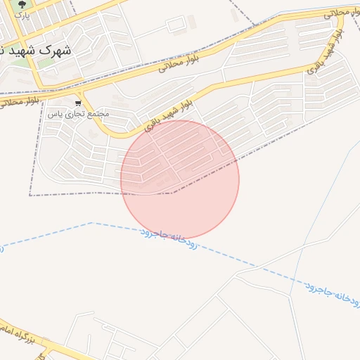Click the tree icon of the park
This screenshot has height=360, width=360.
click(21, 5)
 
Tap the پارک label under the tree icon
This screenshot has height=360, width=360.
click(22, 15)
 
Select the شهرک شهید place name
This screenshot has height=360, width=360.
click(37, 51)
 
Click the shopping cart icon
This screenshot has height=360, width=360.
click(78, 103)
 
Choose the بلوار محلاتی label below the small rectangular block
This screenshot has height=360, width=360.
click(180, 62)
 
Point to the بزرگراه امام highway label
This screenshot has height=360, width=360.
click(17, 333)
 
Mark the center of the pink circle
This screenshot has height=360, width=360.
click(180, 179)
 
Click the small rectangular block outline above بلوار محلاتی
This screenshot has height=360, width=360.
click(175, 25)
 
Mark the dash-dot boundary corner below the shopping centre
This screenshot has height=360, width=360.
click(30, 195)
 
